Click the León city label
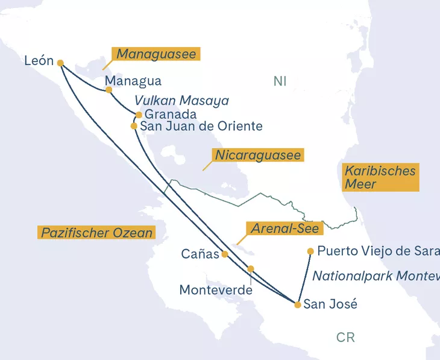click(x=39, y=61)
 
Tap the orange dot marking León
click(x=60, y=63)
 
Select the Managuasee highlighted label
click(x=156, y=54)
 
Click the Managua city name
click(x=133, y=81)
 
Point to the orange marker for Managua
click(x=109, y=90)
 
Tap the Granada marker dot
click(x=139, y=115)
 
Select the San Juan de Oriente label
click(x=201, y=126)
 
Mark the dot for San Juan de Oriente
click(x=134, y=126)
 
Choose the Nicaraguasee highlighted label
click(x=257, y=156)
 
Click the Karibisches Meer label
click(x=380, y=177)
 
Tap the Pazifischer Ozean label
click(x=96, y=232)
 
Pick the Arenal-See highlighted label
click(x=284, y=229)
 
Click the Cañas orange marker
click(x=225, y=254)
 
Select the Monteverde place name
click(x=216, y=290)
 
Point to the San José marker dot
click(x=298, y=305)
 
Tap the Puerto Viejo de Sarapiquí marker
click(x=310, y=251)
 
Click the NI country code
click(x=280, y=81)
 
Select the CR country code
click(x=345, y=337)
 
